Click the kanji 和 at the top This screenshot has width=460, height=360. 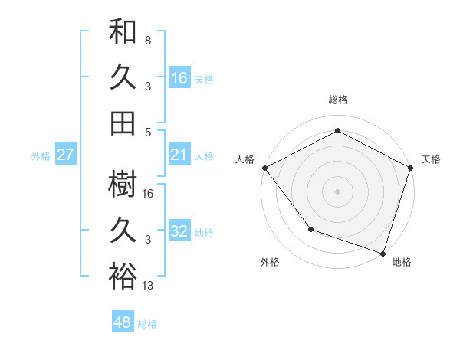point(123,31)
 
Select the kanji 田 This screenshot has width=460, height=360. point(123,123)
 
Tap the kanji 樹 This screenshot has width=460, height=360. point(123,184)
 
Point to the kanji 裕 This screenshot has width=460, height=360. point(123,276)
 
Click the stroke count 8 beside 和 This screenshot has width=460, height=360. point(147,39)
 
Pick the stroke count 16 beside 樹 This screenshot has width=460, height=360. point(149,193)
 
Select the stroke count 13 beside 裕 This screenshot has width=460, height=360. point(149,286)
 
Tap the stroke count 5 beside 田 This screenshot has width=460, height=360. point(147,132)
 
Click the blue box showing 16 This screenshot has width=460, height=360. point(179,78)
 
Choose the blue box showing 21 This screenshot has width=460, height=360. point(179,155)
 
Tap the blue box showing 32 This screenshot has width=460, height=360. point(179,231)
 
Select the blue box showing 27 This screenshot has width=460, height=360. point(66,155)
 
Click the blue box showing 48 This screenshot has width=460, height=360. point(123,322)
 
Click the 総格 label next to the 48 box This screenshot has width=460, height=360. point(147,324)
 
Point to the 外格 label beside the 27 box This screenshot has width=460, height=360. point(41,156)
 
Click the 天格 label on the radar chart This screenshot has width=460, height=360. point(431,159)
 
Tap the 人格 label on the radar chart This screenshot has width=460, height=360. point(245,159)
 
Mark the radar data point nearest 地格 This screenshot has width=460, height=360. point(383,252)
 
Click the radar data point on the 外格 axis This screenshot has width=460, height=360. point(310,228)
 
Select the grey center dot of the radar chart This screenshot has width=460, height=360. point(337,191)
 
